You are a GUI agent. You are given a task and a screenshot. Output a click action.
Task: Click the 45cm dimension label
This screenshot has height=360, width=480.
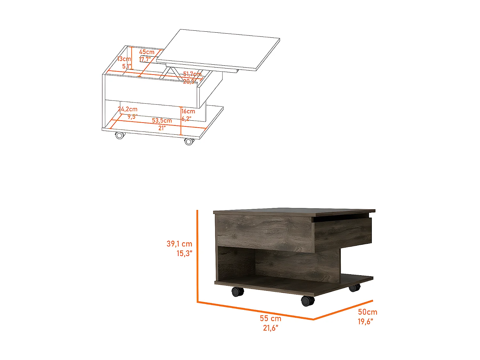147,52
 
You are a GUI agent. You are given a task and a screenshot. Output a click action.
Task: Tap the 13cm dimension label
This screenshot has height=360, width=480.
124,59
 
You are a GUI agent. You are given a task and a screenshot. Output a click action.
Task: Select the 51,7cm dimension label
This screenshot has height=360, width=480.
192,74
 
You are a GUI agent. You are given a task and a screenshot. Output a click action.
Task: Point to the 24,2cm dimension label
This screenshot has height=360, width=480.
128,109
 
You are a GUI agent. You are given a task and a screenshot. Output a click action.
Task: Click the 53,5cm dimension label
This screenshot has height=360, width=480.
162,121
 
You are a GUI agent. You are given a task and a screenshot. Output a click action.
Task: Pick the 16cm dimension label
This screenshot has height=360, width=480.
188,111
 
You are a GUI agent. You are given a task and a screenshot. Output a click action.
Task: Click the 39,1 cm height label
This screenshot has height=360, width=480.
179,244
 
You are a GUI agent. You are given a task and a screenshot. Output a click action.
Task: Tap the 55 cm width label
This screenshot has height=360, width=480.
270,318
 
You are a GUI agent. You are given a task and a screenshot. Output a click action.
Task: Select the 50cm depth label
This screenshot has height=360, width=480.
367,312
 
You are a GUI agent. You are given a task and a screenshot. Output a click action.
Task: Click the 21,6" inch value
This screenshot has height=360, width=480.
270,328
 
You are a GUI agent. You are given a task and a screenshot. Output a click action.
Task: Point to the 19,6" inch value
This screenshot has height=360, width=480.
365,322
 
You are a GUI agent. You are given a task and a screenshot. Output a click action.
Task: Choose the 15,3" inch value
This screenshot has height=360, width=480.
184,253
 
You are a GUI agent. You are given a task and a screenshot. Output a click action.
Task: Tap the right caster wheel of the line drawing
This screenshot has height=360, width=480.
189,141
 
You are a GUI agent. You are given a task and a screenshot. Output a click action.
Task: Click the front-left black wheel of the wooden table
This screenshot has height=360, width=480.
237,292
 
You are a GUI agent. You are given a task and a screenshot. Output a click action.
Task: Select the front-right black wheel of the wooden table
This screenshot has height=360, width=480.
308,301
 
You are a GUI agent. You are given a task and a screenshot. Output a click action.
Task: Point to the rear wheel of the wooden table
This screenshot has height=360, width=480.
354,288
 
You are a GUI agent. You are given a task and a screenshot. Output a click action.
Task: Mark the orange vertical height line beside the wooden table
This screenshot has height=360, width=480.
197,256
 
